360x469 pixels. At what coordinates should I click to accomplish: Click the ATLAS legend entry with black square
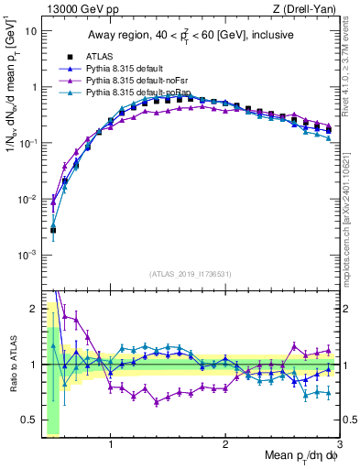pos(101,57)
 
